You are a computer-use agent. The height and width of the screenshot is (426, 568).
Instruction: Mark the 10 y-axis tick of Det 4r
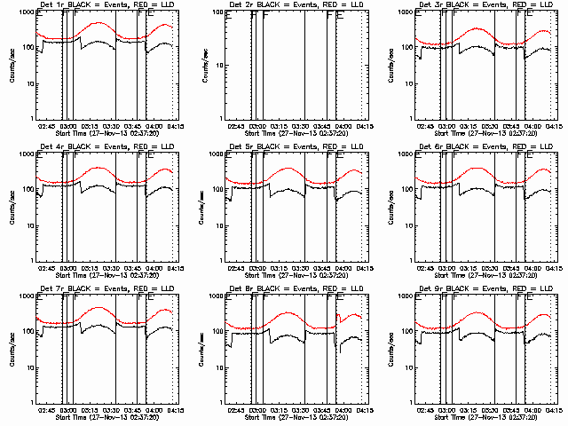27,225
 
